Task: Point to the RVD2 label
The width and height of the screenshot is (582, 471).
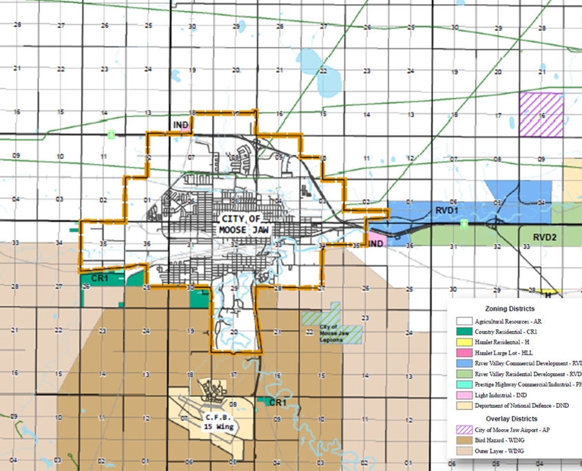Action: [x=544, y=237]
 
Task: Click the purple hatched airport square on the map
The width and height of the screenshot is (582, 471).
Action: [x=541, y=114]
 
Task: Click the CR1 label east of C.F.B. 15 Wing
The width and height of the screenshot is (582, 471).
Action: [x=278, y=402]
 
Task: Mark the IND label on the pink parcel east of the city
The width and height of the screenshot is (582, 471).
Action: [x=376, y=244]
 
